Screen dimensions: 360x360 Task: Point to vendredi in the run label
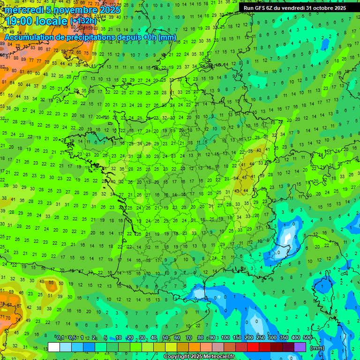(x=292, y=8)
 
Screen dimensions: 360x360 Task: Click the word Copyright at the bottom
(x=176, y=357)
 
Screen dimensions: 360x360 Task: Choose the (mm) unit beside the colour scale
(x=317, y=348)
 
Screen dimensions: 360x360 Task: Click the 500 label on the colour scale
(x=307, y=338)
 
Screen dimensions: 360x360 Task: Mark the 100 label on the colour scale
(x=225, y=338)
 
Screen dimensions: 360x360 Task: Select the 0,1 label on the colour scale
(x=60, y=338)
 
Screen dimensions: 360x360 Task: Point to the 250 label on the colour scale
(x=261, y=338)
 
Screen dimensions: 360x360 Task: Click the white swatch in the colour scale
(x=54, y=347)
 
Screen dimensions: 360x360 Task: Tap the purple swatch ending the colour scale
(x=300, y=347)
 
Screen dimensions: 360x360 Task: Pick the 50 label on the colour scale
(x=165, y=338)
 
